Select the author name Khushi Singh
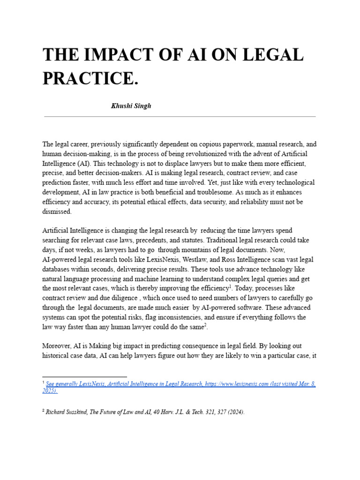point(131,106)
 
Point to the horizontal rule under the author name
point(180,116)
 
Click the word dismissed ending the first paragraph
point(57,211)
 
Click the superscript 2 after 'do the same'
point(205,325)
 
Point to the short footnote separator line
point(84,376)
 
